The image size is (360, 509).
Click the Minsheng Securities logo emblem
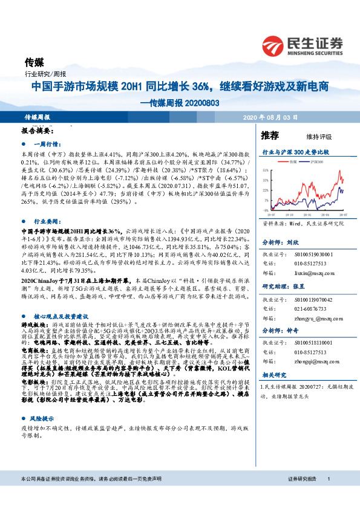pyautogui.click(x=275, y=44)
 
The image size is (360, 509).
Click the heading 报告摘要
pyautogui.click(x=38, y=130)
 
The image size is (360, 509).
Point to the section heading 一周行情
pyautogui.click(x=46, y=144)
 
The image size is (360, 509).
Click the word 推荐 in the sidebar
pyautogui.click(x=270, y=135)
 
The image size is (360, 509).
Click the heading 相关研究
pyautogui.click(x=273, y=375)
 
